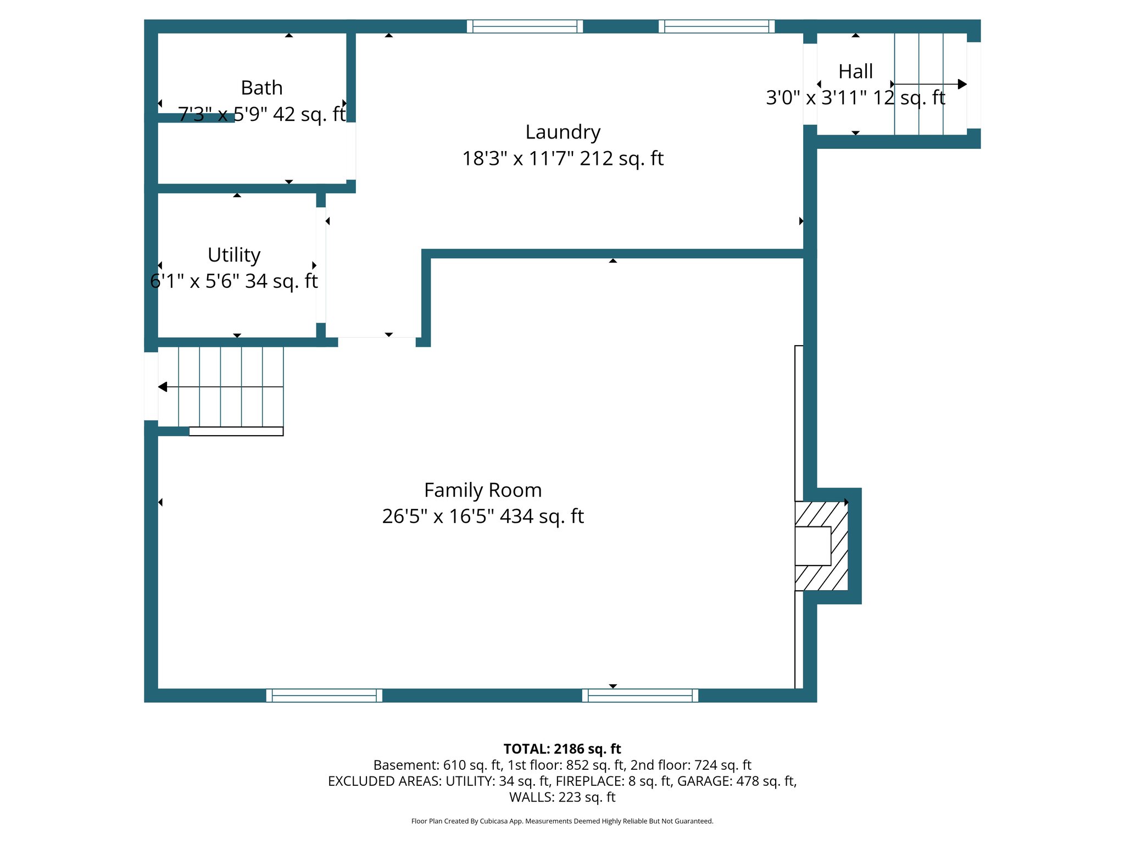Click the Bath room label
point(261,88)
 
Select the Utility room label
point(234,255)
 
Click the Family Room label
point(483,490)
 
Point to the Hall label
point(855,71)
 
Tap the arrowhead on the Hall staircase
point(962,84)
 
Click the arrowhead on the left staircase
point(163,387)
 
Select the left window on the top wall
point(525,26)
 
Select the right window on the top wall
point(716,26)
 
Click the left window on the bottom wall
point(324,696)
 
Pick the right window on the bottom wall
point(640,696)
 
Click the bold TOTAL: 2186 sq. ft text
point(562,749)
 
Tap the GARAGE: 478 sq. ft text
point(736,781)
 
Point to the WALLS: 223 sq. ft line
point(562,797)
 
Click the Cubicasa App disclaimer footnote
point(562,821)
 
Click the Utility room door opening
point(321,265)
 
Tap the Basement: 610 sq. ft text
point(437,765)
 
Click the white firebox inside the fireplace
point(812,546)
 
